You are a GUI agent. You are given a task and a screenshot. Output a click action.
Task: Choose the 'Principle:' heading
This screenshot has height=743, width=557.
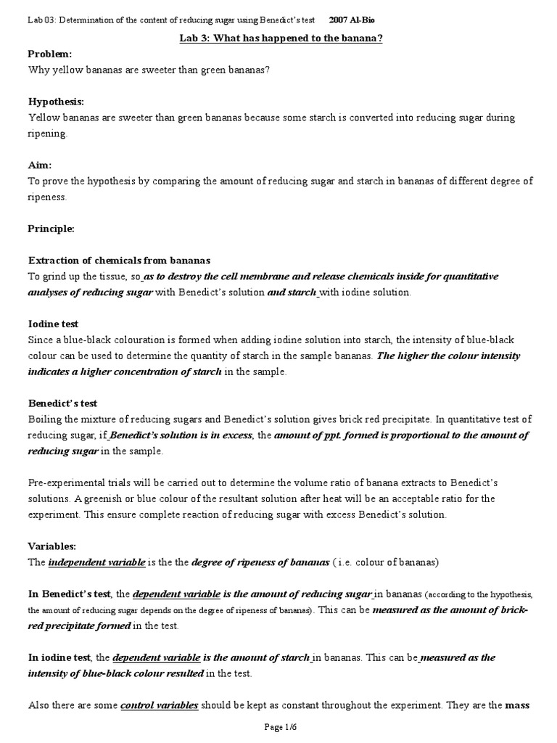tap(51, 229)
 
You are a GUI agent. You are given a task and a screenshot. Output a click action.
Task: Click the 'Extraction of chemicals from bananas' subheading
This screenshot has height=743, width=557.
tap(119, 260)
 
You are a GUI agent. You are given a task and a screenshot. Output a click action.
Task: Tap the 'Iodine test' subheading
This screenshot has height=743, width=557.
tap(53, 324)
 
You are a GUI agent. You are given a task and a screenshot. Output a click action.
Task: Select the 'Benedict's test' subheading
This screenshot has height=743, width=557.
tap(62, 403)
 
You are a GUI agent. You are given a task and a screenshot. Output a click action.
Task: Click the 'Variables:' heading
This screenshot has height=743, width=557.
tap(52, 546)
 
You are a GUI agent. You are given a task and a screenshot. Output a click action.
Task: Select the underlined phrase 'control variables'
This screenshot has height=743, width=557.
tap(159, 705)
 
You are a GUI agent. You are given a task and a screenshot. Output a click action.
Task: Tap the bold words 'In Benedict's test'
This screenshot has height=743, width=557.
tap(70, 594)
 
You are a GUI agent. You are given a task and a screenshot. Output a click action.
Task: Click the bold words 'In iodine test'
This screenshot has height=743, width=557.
tap(59, 657)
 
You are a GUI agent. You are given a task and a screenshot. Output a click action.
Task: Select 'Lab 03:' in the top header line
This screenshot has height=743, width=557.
tap(41, 20)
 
